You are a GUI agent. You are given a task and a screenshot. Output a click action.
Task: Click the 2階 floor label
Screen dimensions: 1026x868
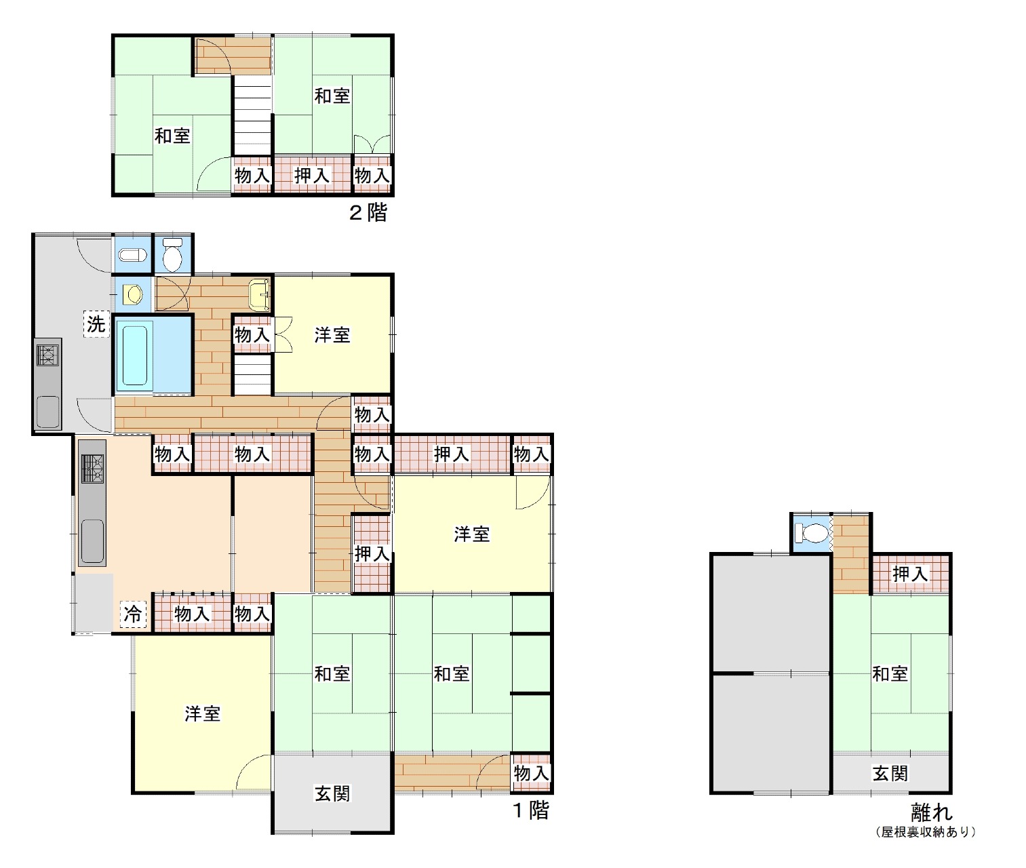(x=368, y=213)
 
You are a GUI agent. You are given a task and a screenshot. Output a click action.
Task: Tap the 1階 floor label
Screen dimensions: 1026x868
(x=530, y=810)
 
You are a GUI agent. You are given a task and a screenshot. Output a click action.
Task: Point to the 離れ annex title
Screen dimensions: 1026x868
(x=932, y=812)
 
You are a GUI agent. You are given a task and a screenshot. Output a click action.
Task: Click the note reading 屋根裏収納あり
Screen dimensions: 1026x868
(x=926, y=832)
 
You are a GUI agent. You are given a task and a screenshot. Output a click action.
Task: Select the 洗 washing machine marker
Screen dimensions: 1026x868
(x=96, y=323)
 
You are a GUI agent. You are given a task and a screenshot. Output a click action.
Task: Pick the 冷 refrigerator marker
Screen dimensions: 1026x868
(x=132, y=614)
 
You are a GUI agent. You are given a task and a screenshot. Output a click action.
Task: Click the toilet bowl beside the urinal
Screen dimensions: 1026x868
(x=173, y=254)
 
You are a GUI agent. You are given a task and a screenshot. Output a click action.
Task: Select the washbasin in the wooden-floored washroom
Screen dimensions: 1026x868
(x=259, y=294)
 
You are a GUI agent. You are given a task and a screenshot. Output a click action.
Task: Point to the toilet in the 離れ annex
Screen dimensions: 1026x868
(x=812, y=534)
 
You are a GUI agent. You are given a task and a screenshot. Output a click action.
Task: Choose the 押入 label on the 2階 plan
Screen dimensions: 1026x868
(x=312, y=175)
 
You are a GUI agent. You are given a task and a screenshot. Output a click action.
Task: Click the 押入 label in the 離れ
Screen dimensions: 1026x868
(x=910, y=574)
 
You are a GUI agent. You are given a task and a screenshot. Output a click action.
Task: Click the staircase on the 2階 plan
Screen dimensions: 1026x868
(x=253, y=115)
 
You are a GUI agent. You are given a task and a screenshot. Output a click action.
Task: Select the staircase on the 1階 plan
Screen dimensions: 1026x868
(x=253, y=375)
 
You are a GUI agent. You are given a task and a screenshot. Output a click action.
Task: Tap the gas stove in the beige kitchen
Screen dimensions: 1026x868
(x=94, y=469)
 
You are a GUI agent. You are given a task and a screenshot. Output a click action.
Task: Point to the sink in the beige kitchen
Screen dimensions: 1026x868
(x=92, y=541)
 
